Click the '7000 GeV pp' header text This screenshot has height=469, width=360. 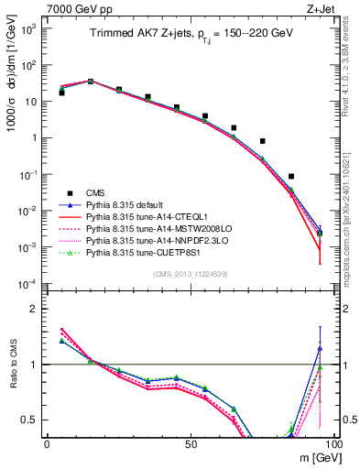tap(76, 8)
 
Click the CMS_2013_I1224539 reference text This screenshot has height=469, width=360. tap(191, 273)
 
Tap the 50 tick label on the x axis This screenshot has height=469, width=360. tap(190, 442)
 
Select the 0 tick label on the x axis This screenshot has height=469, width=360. tap(47, 442)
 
